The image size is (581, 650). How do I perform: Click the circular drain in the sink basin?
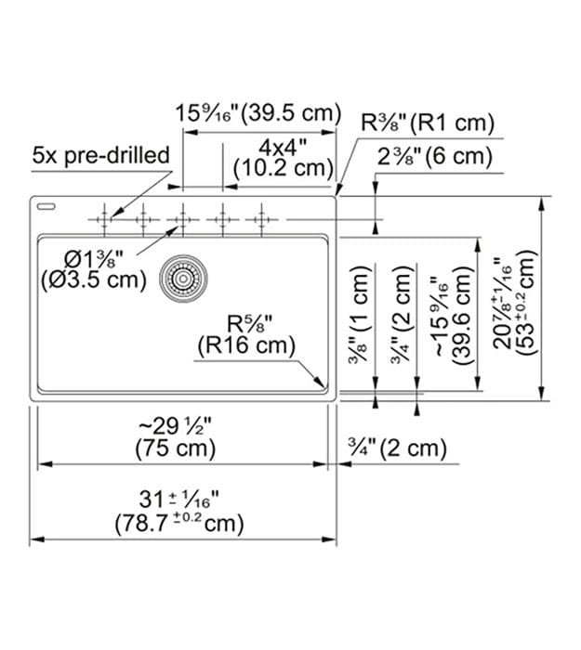point(182,277)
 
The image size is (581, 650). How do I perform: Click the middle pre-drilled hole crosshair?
point(182,219)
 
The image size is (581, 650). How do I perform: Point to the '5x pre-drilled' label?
point(100,155)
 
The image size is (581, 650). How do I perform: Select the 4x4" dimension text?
point(283,146)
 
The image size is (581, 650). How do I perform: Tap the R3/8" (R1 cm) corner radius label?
point(427,122)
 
